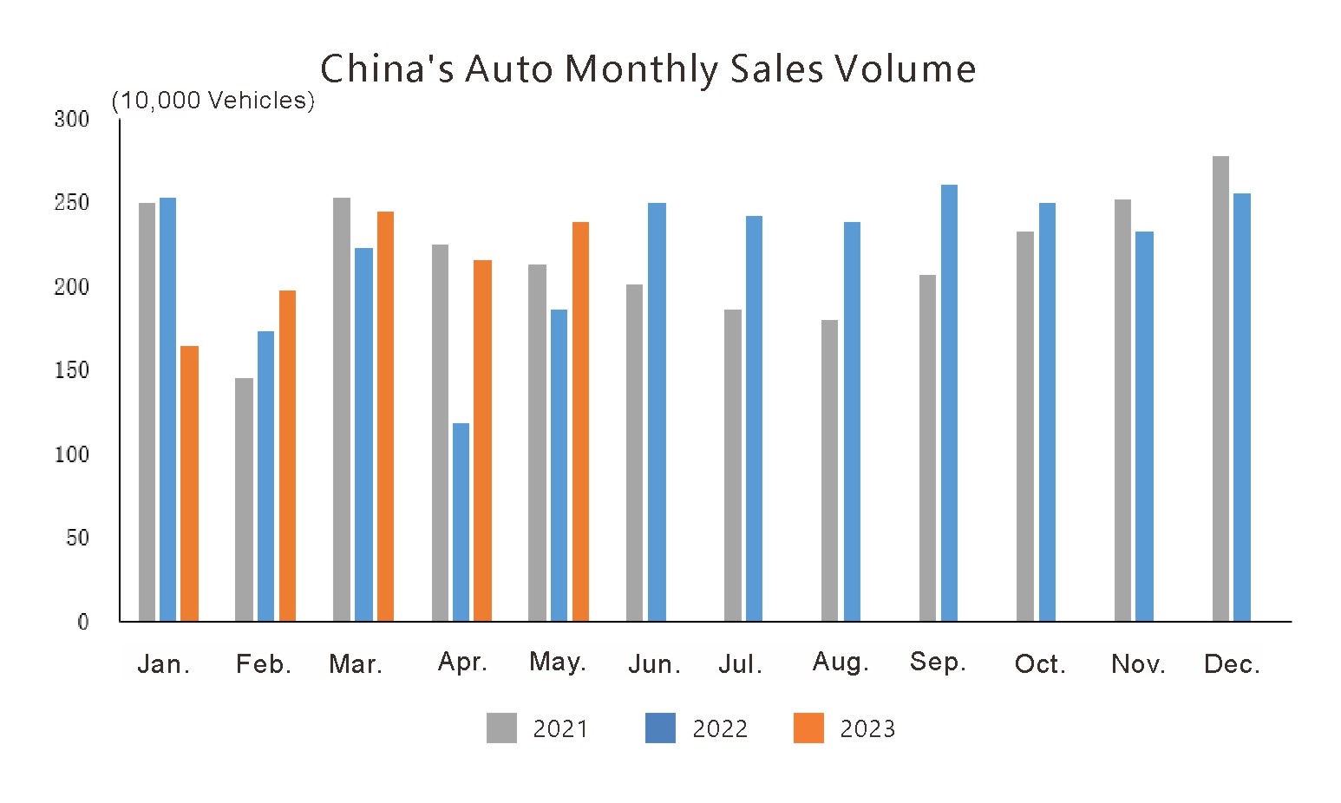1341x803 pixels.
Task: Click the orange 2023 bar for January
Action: (x=189, y=484)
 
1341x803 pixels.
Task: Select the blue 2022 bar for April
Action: (x=461, y=522)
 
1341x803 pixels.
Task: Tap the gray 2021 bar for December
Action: (x=1220, y=388)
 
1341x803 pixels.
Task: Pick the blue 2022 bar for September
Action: (x=949, y=403)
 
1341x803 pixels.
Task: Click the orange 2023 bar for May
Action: (x=580, y=421)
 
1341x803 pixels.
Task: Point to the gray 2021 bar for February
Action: (x=244, y=499)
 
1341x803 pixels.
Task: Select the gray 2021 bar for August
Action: (x=829, y=471)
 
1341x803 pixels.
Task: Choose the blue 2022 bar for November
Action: (x=1144, y=427)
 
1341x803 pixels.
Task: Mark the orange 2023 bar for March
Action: (x=385, y=416)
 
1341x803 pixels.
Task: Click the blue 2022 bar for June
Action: (x=657, y=412)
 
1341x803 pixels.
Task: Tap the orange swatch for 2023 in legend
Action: (x=808, y=728)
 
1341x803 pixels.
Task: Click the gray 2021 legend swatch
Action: (x=501, y=728)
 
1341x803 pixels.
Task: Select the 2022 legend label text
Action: (x=720, y=728)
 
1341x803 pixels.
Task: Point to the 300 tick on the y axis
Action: (x=72, y=120)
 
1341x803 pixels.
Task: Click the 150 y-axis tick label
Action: (x=72, y=371)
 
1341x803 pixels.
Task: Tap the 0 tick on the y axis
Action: (x=83, y=622)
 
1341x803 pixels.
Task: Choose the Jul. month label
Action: (x=740, y=665)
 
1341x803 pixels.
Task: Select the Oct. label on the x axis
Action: (x=1040, y=665)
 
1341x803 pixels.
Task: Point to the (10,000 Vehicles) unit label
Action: (x=213, y=101)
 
